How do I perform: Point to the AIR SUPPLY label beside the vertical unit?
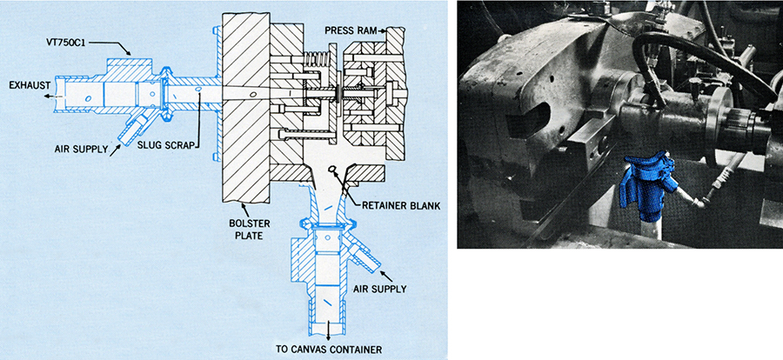click(x=379, y=289)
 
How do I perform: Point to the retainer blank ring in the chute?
click(x=331, y=171)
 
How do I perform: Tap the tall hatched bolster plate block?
click(x=245, y=107)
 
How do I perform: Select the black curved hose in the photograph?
click(x=699, y=60)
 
